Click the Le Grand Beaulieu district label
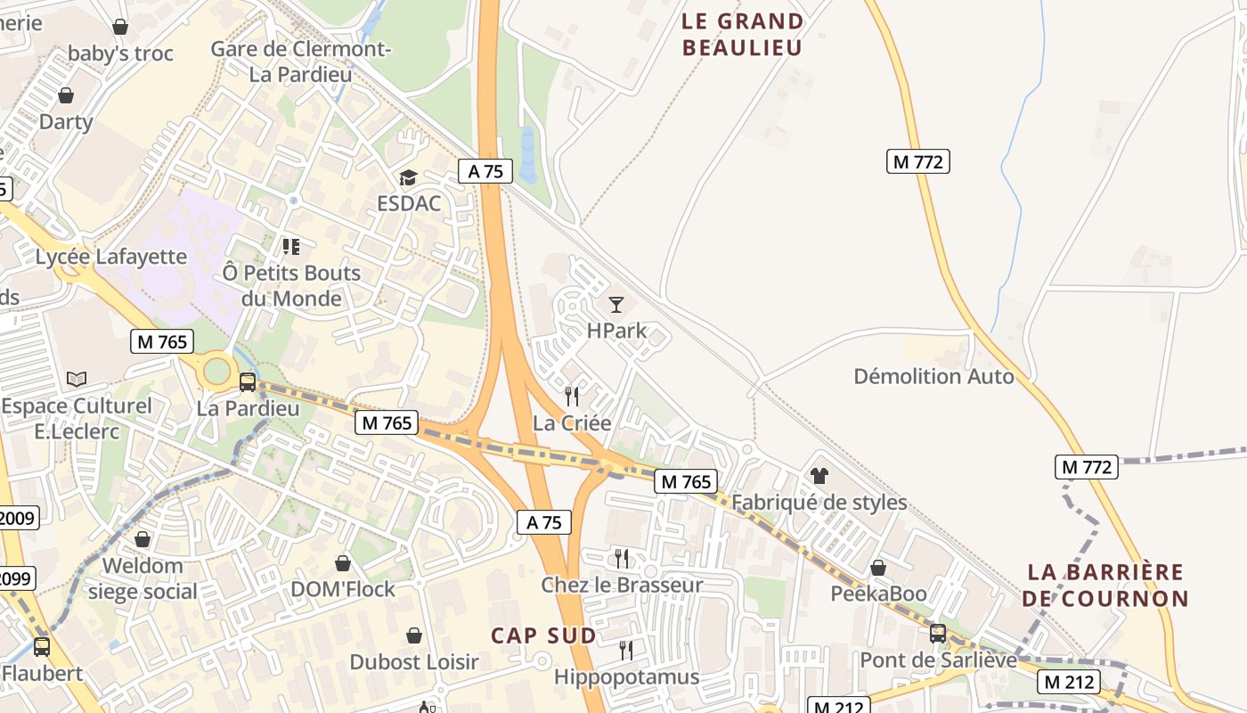pos(743,34)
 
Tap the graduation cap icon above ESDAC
pos(408,177)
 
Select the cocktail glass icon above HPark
pos(615,304)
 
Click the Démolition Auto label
pos(933,376)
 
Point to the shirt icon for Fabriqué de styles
pos(819,476)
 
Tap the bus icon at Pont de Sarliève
pos(938,634)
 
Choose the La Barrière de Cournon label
pos(1104,585)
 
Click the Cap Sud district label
pos(543,635)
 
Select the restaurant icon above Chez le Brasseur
pos(622,559)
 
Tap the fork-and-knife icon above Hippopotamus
pos(626,651)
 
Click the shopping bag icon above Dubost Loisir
pos(414,635)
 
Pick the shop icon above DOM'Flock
pos(343,563)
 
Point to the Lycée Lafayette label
pos(111,257)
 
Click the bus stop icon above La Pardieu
pos(248,382)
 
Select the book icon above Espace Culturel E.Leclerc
pos(77,380)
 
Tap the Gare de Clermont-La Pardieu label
pos(301,61)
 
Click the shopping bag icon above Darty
pos(66,95)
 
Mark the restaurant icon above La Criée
pos(572,396)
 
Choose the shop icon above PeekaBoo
pos(878,568)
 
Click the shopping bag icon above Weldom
pos(143,539)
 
